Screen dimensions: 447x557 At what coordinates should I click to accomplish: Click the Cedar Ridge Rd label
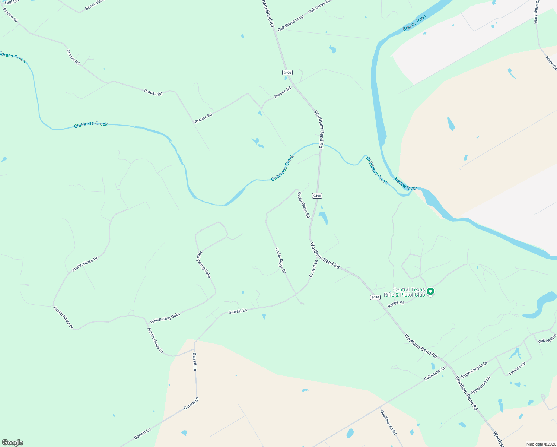[x=303, y=205]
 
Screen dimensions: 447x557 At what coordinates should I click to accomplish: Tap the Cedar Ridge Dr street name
[x=280, y=261]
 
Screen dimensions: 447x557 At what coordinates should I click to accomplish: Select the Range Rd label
[x=396, y=304]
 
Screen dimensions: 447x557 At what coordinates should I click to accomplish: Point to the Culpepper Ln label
[x=435, y=373]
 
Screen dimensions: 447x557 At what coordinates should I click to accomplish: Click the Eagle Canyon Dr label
[x=474, y=370]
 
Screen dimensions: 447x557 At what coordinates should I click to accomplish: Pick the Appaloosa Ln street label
[x=480, y=385]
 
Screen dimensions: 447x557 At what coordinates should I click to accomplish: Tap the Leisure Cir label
[x=518, y=368]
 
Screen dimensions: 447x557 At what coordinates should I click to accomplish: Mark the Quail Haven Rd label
[x=388, y=422]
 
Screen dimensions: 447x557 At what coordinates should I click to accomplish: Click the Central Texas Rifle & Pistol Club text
[x=404, y=292]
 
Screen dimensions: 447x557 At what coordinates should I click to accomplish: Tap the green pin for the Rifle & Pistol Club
[x=430, y=291]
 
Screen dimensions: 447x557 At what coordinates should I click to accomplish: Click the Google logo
[x=12, y=443]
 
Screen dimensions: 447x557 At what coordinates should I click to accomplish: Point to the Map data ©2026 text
[x=540, y=444]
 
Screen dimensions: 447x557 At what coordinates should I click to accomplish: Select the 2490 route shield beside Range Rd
[x=375, y=297]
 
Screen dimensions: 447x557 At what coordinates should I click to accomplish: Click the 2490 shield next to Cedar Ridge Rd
[x=317, y=196]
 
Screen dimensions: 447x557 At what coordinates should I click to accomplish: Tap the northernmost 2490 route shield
[x=287, y=72]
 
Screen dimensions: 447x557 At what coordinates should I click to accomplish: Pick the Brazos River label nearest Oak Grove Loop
[x=414, y=24]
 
